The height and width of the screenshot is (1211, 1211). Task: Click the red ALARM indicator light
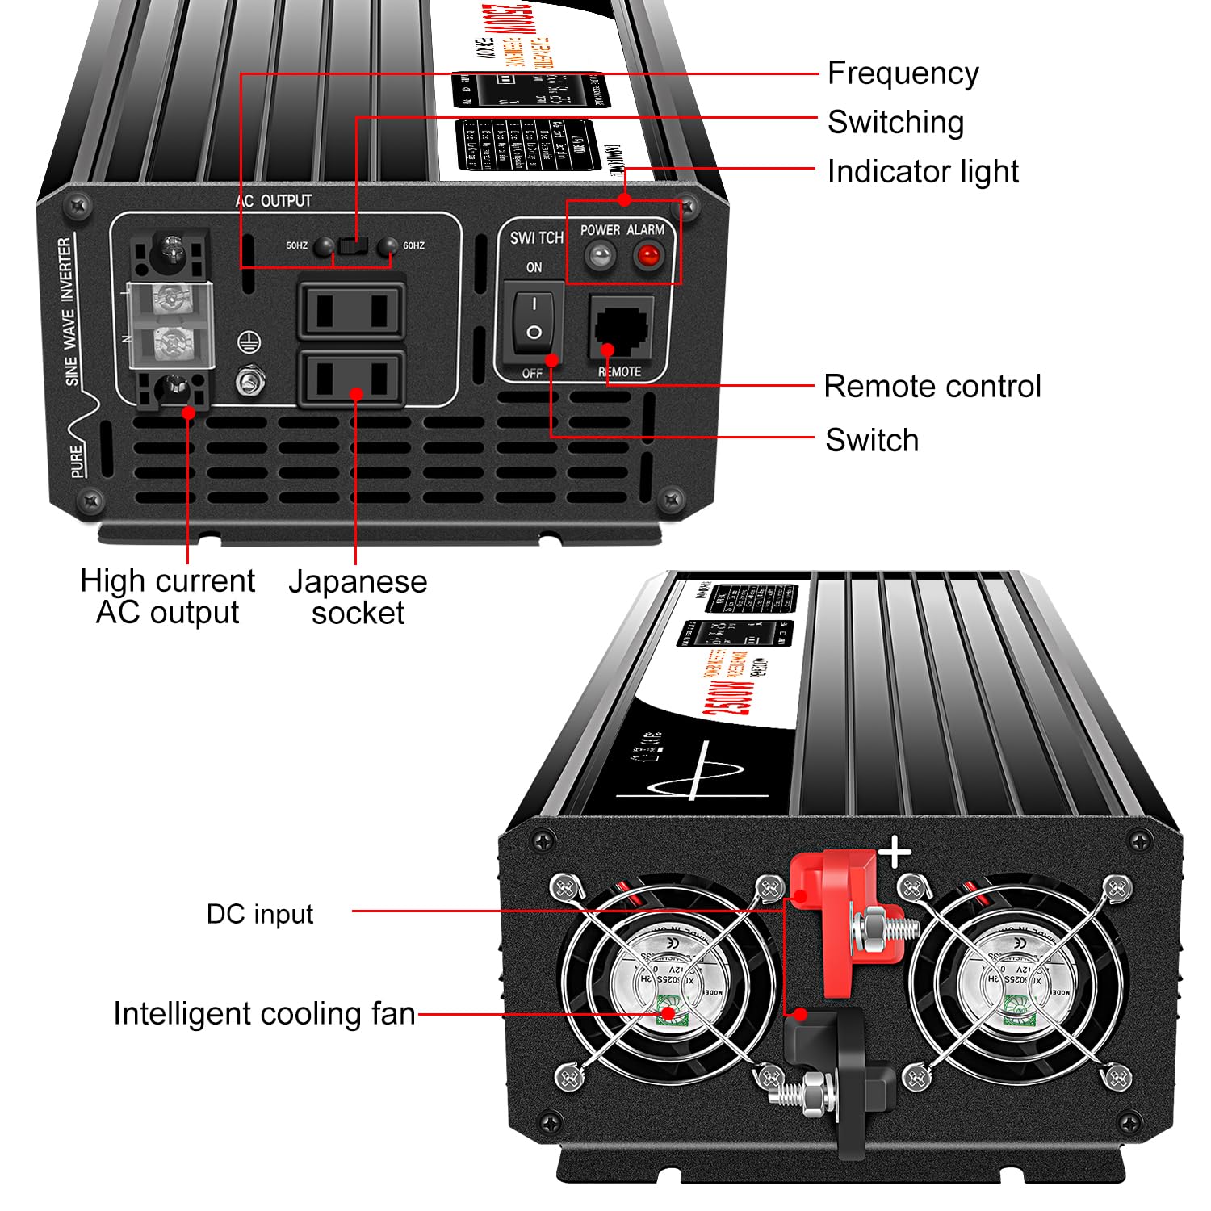647,257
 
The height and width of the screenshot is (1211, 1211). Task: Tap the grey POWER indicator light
599,257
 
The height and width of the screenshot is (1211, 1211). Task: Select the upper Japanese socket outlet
352,310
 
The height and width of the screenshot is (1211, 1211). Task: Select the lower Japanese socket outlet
352,377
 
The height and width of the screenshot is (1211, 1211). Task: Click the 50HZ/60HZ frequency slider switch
353,245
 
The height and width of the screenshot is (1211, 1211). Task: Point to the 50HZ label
296,245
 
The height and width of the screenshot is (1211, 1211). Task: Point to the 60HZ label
413,245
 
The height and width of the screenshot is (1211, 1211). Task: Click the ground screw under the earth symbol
249,379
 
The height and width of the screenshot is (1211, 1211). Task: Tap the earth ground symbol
249,343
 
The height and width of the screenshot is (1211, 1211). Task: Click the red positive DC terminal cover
840,920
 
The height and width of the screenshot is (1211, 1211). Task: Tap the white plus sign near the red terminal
895,853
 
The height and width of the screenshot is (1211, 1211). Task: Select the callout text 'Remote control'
932,386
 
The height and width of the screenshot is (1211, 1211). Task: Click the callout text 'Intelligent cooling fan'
264,1013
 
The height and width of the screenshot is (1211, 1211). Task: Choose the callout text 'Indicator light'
922,171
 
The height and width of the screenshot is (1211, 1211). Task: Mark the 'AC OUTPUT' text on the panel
274,200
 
